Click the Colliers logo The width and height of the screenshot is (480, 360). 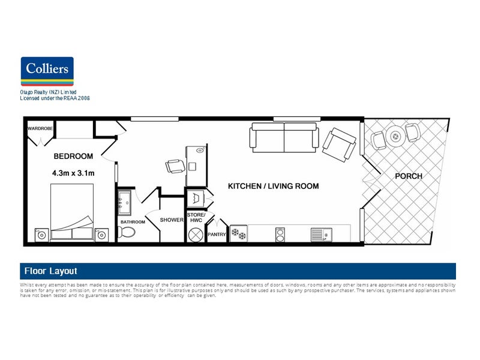[x=47, y=73]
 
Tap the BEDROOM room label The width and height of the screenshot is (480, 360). [x=73, y=157]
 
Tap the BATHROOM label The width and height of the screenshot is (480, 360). [x=133, y=222]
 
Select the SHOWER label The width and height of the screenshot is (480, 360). [x=171, y=220]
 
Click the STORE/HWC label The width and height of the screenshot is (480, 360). [x=196, y=217]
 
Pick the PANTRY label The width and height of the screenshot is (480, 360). [x=216, y=235]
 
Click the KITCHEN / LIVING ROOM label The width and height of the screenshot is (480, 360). [x=273, y=187]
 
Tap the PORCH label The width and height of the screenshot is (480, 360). [x=408, y=176]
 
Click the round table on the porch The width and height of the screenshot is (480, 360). [x=395, y=136]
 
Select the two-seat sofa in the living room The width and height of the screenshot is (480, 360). [x=284, y=137]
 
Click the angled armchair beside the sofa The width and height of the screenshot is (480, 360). [x=339, y=145]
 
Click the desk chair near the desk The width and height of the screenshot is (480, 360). [x=175, y=166]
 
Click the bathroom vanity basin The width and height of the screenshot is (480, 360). [x=125, y=202]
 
